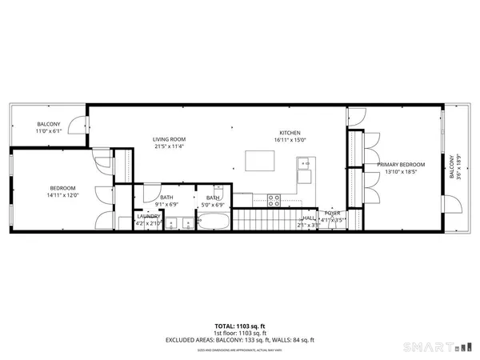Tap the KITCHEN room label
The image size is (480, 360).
290,133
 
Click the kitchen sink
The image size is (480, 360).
305,165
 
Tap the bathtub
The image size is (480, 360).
214,220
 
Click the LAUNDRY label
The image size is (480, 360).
149,216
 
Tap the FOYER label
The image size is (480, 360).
331,213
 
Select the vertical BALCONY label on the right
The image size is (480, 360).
450,166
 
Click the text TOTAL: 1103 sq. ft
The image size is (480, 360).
240,326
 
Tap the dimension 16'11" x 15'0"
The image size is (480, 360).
290,140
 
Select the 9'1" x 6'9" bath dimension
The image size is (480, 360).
166,204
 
